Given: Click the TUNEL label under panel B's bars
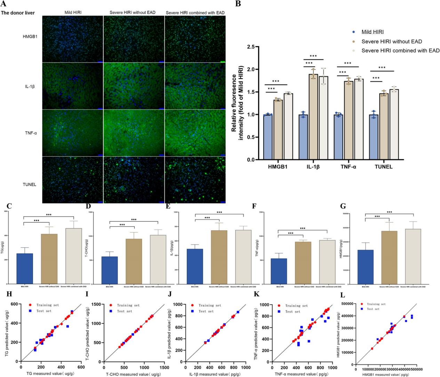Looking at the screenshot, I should click(384, 167).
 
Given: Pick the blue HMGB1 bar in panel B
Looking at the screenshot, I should click(268, 137).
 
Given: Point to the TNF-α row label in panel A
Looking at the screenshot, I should click(31, 132).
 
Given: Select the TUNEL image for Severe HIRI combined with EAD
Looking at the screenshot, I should click(195, 180).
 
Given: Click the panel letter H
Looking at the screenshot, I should click(9, 294).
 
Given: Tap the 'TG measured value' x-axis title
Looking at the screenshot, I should click(50, 373).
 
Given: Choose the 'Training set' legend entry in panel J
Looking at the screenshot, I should click(209, 305).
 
